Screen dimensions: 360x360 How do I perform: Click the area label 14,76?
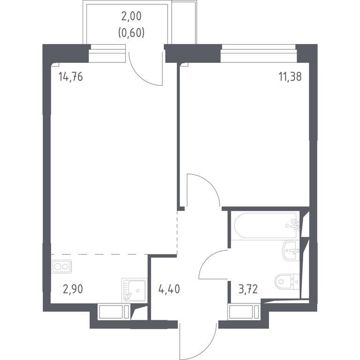[70, 76]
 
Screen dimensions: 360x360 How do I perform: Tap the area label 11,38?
[290, 76]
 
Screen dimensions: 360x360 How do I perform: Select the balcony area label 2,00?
[131, 17]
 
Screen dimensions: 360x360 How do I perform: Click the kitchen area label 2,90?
[73, 289]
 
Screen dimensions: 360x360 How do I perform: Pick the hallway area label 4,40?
[169, 289]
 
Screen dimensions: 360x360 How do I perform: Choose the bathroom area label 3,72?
[248, 289]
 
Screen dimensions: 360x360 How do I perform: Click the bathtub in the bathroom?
[266, 225]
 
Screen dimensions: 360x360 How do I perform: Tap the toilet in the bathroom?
[287, 281]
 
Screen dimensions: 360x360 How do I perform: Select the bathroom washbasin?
[291, 250]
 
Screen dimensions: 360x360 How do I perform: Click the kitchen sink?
[134, 291]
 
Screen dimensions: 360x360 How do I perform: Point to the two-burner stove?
[61, 266]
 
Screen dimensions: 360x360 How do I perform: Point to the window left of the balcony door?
[107, 53]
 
